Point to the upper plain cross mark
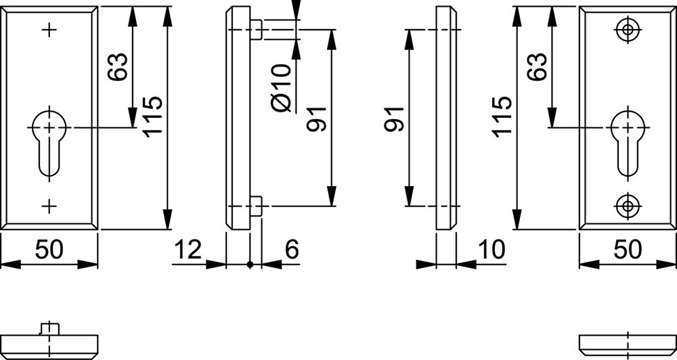[49, 29]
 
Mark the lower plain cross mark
[49, 205]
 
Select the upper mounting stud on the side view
[256, 30]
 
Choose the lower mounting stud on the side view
[256, 206]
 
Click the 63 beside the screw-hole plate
[537, 66]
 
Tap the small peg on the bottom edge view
[49, 328]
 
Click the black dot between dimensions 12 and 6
[250, 264]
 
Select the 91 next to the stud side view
[318, 118]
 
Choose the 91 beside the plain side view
[394, 118]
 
